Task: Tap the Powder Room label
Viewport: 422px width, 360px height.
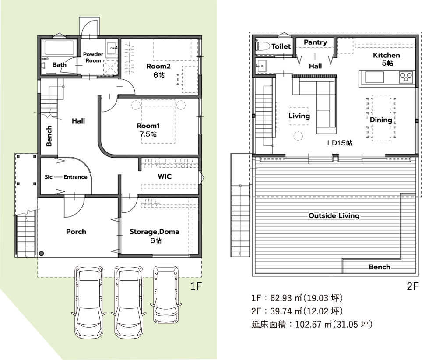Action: (x=93, y=57)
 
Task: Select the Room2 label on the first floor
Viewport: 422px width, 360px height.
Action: (x=158, y=66)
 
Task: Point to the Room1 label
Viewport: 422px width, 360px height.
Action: (x=148, y=126)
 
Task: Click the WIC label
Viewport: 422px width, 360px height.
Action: (x=165, y=176)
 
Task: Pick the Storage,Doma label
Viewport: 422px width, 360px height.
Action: (x=155, y=232)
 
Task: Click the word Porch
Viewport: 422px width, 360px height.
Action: (x=76, y=232)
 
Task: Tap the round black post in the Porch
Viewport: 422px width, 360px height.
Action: (x=42, y=254)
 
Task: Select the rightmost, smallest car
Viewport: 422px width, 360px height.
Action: (x=166, y=294)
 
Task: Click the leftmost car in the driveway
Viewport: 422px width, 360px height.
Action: (x=88, y=302)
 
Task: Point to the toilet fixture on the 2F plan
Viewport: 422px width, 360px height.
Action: (x=262, y=46)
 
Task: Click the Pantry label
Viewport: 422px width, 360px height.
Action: (x=316, y=42)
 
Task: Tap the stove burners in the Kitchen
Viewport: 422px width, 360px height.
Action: (x=406, y=77)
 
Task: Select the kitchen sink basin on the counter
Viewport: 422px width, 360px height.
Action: (x=374, y=77)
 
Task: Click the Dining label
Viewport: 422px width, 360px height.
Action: (x=381, y=120)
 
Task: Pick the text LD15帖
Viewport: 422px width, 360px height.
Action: (x=340, y=143)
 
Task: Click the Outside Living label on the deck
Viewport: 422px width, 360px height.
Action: (x=334, y=215)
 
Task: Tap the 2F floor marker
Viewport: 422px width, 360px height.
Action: (x=412, y=286)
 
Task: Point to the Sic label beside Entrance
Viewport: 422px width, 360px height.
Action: (x=49, y=177)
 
